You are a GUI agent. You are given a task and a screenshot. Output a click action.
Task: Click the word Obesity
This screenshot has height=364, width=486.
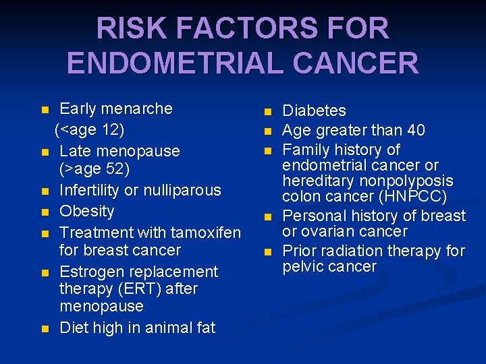pos(87,211)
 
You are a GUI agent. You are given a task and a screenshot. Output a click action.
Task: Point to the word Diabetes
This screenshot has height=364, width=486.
pos(314,111)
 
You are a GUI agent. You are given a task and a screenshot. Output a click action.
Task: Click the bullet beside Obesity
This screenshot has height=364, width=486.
pos(45,212)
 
